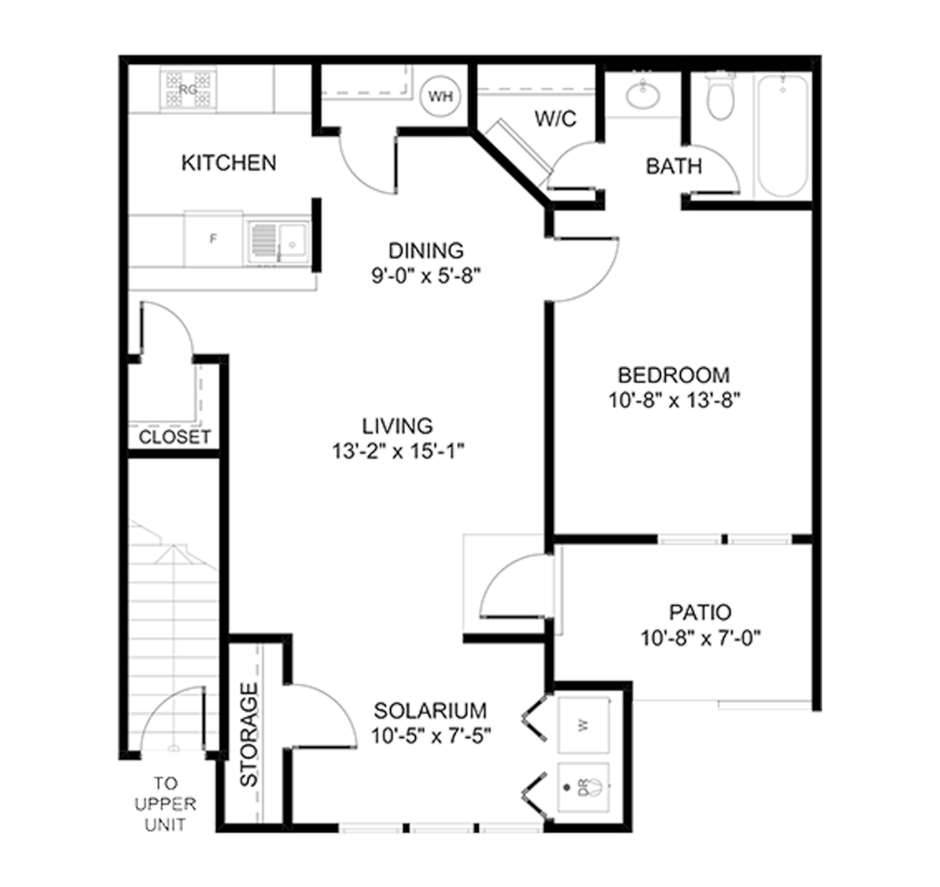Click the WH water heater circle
click(441, 96)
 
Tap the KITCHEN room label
click(229, 163)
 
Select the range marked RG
click(188, 89)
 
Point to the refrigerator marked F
click(214, 240)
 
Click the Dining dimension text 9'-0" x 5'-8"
click(426, 276)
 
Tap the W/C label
click(555, 119)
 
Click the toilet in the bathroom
click(721, 96)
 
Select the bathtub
click(783, 136)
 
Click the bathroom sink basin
click(643, 96)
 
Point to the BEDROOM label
click(674, 375)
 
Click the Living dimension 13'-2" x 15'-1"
click(398, 451)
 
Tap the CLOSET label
click(175, 437)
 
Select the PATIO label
click(700, 613)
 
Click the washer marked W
click(583, 725)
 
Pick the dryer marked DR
click(583, 787)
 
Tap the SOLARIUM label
click(430, 711)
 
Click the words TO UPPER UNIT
click(165, 804)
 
